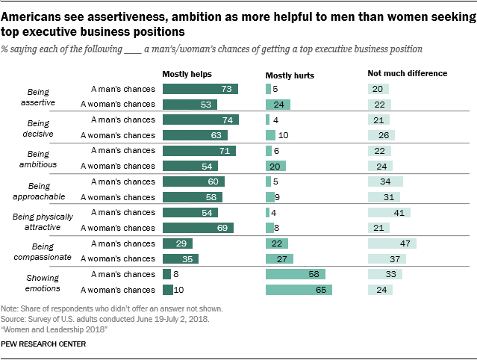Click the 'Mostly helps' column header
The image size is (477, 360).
[x=187, y=74]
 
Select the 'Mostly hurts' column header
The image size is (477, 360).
[x=290, y=75]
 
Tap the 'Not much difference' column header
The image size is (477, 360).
[x=407, y=74]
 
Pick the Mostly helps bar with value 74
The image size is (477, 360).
[x=200, y=120]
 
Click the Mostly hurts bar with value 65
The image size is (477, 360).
[x=299, y=290]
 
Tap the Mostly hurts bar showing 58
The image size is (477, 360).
[x=295, y=275]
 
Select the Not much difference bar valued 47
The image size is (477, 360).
[x=391, y=243]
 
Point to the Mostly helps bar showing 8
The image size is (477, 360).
[x=166, y=275]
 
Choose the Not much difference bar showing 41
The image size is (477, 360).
[x=388, y=213]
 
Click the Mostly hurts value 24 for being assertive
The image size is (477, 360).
[x=278, y=104]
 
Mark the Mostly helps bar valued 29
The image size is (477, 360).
[x=177, y=243]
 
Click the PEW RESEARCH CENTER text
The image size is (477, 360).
[x=43, y=344]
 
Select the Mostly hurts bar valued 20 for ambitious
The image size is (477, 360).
[x=275, y=166]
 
